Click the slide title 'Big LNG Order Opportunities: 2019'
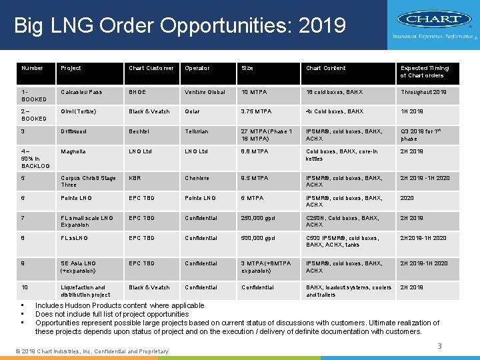[180, 26]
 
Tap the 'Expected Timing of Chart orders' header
[425, 72]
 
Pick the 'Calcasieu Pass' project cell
[82, 92]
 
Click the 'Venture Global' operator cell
[205, 92]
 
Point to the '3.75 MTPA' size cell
[255, 111]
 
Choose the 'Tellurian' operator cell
[197, 131]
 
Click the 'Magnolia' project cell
[73, 151]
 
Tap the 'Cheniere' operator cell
[197, 178]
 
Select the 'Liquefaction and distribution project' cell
[85, 291]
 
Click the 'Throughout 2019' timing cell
[424, 92]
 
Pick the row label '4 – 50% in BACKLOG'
[35, 158]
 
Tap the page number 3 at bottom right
[439, 345]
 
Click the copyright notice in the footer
[91, 351]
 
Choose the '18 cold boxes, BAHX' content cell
[335, 92]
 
